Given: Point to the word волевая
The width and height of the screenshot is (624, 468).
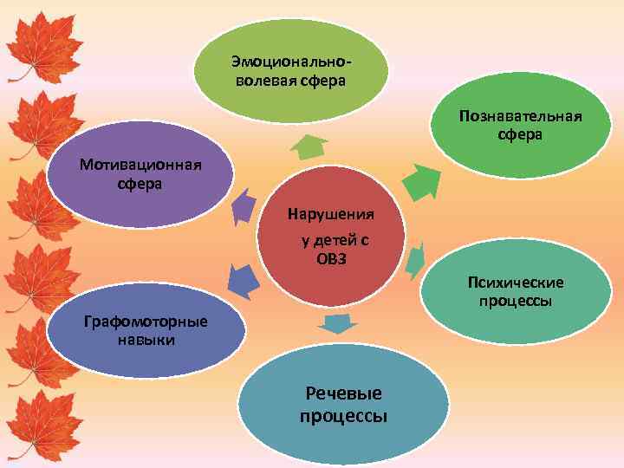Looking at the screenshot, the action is click(263, 81).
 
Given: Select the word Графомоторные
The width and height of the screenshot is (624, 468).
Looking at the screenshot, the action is click(146, 322).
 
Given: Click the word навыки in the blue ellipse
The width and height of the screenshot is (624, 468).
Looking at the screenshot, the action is click(146, 340).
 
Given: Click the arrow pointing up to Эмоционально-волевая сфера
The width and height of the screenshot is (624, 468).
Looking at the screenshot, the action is click(308, 146).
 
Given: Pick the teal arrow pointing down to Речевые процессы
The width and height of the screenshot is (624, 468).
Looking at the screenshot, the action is click(337, 325).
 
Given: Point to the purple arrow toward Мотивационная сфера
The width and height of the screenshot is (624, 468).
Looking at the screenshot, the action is click(244, 207).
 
